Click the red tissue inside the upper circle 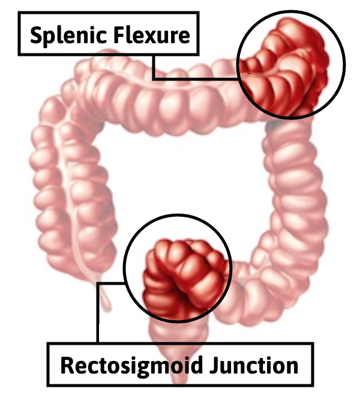click(288, 66)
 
